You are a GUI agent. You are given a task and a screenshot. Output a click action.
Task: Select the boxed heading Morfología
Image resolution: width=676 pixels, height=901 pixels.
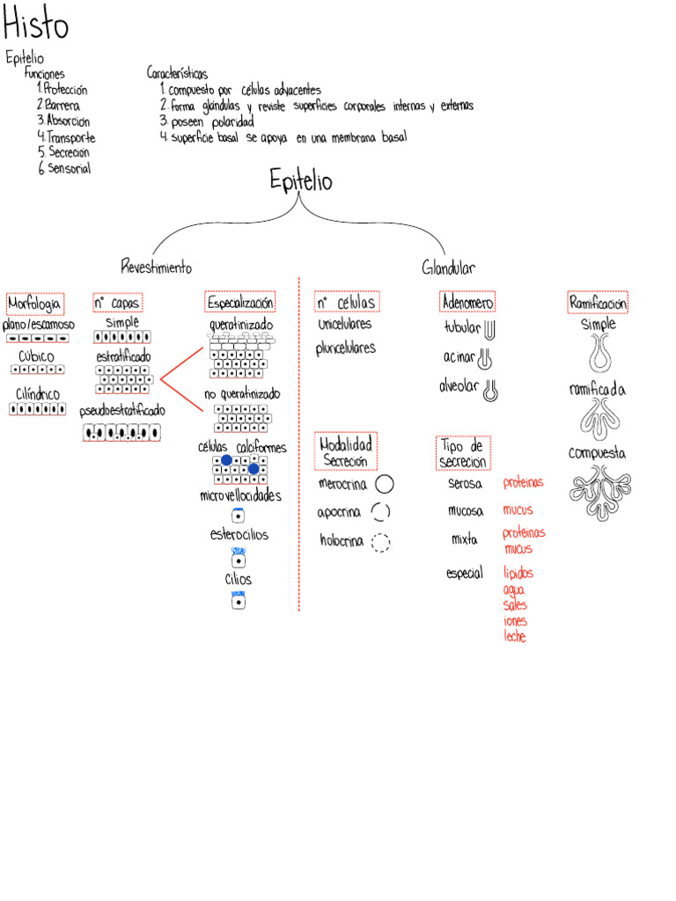pyautogui.click(x=34, y=304)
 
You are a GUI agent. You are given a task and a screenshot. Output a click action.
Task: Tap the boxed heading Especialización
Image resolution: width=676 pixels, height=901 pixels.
pyautogui.click(x=240, y=303)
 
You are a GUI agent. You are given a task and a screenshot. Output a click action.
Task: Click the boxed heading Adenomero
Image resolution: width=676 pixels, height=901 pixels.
pyautogui.click(x=467, y=303)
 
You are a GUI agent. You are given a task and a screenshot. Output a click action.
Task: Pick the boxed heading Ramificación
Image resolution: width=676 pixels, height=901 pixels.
pyautogui.click(x=599, y=303)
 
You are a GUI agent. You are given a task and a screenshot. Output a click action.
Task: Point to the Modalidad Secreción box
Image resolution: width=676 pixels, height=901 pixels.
pyautogui.click(x=346, y=452)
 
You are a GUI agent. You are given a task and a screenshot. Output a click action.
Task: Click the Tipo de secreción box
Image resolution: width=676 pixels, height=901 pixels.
pyautogui.click(x=463, y=453)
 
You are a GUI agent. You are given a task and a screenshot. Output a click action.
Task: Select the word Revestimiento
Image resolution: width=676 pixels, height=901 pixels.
pyautogui.click(x=156, y=267)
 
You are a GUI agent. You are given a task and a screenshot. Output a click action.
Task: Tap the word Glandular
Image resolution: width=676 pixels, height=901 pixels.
pyautogui.click(x=448, y=267)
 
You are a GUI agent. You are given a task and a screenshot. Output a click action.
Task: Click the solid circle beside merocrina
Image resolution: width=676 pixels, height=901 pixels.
pyautogui.click(x=384, y=484)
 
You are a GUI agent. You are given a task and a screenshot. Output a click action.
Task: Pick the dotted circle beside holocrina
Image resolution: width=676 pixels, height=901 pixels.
pyautogui.click(x=380, y=542)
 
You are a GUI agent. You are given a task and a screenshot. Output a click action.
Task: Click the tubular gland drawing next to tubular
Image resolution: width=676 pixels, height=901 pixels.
pyautogui.click(x=490, y=328)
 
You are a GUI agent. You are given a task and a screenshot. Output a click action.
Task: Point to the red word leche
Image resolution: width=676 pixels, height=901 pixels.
pyautogui.click(x=515, y=637)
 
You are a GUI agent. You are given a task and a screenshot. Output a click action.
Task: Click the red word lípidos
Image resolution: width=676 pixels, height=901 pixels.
pyautogui.click(x=518, y=573)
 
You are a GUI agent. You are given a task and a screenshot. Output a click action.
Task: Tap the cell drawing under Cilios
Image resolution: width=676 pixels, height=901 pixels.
pyautogui.click(x=238, y=600)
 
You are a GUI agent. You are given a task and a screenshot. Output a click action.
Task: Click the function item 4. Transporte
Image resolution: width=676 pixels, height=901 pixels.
pyautogui.click(x=67, y=137)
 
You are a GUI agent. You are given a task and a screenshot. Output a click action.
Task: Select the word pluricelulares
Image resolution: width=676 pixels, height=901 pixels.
pyautogui.click(x=346, y=348)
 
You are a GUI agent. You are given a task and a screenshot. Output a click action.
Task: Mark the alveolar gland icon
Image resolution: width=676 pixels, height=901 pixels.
pyautogui.click(x=490, y=390)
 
